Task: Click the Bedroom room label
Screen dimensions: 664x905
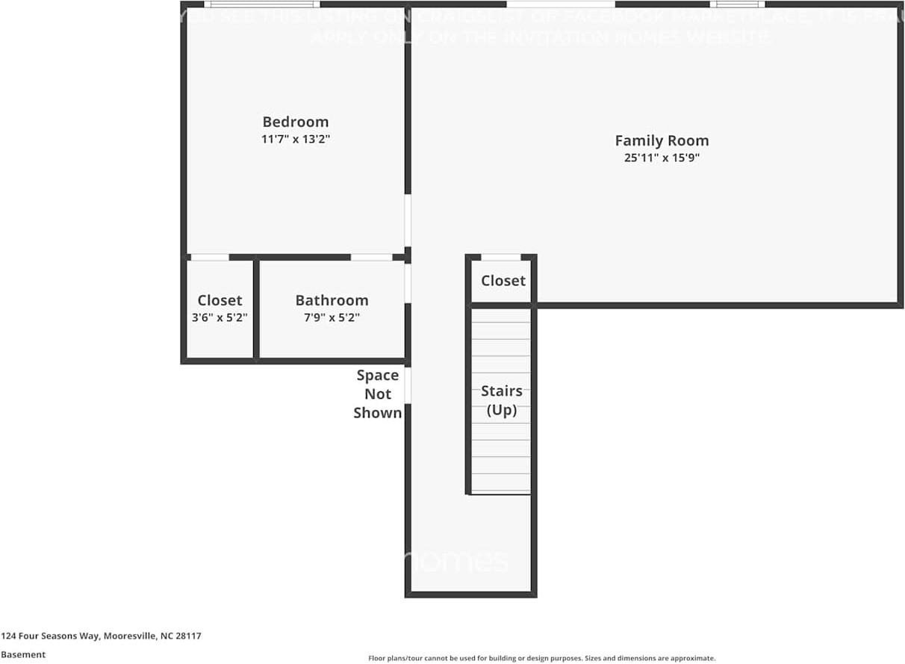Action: pyautogui.click(x=295, y=122)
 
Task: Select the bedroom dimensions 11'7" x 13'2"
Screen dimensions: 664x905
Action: pyautogui.click(x=295, y=140)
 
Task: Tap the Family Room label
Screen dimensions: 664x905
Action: pyautogui.click(x=662, y=140)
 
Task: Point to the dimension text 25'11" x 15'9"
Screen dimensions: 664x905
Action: pyautogui.click(x=662, y=158)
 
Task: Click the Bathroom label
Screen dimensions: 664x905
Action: pyautogui.click(x=332, y=300)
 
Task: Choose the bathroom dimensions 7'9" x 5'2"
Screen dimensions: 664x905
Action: pyautogui.click(x=332, y=317)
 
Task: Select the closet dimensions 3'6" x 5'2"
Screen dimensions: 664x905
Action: pyautogui.click(x=220, y=317)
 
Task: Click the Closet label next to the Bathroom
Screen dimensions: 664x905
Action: pyautogui.click(x=220, y=300)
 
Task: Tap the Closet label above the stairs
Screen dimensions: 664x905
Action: pyautogui.click(x=503, y=281)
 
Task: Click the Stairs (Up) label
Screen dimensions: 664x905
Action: pyautogui.click(x=501, y=400)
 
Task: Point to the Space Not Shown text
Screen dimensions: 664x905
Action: pyautogui.click(x=377, y=394)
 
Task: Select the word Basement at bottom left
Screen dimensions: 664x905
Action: pyautogui.click(x=23, y=654)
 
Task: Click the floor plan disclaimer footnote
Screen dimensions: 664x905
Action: pyautogui.click(x=541, y=658)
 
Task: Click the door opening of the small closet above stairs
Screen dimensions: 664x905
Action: pyautogui.click(x=500, y=258)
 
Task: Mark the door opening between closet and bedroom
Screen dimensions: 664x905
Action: pyautogui.click(x=210, y=258)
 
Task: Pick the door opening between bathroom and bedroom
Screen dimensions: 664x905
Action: pyautogui.click(x=371, y=258)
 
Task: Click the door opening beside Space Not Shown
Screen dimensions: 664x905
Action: pyautogui.click(x=408, y=385)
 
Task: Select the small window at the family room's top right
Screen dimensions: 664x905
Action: pyautogui.click(x=736, y=4)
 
